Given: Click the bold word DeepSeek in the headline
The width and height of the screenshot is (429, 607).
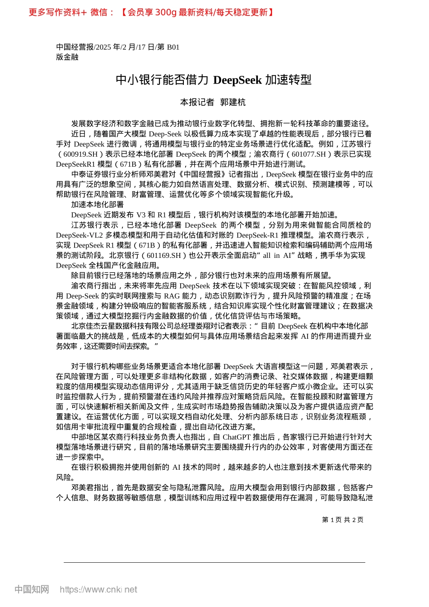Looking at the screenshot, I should pos(237,80).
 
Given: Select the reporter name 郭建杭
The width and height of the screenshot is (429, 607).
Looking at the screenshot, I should pos(233,102).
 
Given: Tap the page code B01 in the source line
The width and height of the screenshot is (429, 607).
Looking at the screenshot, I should pos(173,47).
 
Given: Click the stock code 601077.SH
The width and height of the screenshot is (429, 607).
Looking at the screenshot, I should pos(308,154).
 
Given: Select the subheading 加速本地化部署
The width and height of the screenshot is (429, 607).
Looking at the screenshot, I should pos(97,205).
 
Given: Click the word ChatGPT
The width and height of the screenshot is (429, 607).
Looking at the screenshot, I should pos(237,437).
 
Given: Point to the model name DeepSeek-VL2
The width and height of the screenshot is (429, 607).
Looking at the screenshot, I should pos(79,235).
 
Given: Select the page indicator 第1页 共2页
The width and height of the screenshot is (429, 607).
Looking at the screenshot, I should pos(342,520).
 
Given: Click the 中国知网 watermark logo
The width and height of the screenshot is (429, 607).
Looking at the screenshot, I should pos(32,589).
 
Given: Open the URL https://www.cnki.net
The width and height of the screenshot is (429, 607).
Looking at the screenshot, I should pos(98,589).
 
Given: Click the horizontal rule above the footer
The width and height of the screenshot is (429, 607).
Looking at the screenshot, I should pos(214,562).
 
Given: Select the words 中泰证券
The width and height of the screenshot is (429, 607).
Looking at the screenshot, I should pos(86,174).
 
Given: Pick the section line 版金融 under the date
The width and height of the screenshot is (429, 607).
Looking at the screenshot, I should pos(67,57).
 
